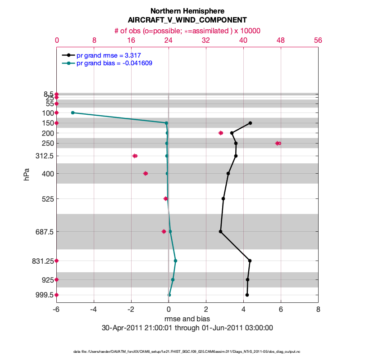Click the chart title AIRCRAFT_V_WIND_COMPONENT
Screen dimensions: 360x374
(187, 20)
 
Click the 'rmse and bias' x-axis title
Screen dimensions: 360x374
(187, 319)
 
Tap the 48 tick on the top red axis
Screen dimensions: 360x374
(280, 40)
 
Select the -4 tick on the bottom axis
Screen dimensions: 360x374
(94, 310)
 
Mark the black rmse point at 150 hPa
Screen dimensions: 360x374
(250, 123)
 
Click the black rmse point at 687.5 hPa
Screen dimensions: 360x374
(220, 232)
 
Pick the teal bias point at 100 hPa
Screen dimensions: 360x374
(73, 112)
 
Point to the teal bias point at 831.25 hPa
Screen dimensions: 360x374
(175, 261)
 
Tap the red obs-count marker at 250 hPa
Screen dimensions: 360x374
(278, 143)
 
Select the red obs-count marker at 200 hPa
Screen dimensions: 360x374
(221, 133)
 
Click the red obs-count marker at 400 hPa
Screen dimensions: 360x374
(146, 173)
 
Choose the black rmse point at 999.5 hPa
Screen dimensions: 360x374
(247, 295)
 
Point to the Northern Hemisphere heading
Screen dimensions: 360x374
(187, 11)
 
